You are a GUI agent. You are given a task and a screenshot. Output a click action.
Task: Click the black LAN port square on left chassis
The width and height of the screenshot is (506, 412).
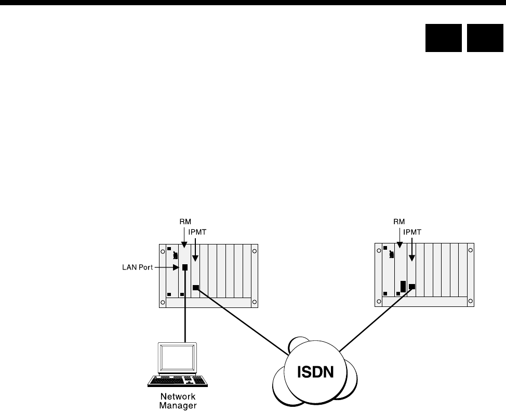coord(184,268)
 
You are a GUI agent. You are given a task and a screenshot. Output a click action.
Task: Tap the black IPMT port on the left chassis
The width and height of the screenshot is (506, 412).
coord(196,288)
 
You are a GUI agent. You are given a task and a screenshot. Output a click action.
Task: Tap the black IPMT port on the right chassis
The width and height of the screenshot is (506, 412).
coord(412,286)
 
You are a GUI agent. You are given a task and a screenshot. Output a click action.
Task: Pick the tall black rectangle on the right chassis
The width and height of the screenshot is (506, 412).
coord(403,287)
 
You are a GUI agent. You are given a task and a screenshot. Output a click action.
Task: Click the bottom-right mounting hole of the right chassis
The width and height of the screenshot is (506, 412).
coord(470,302)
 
